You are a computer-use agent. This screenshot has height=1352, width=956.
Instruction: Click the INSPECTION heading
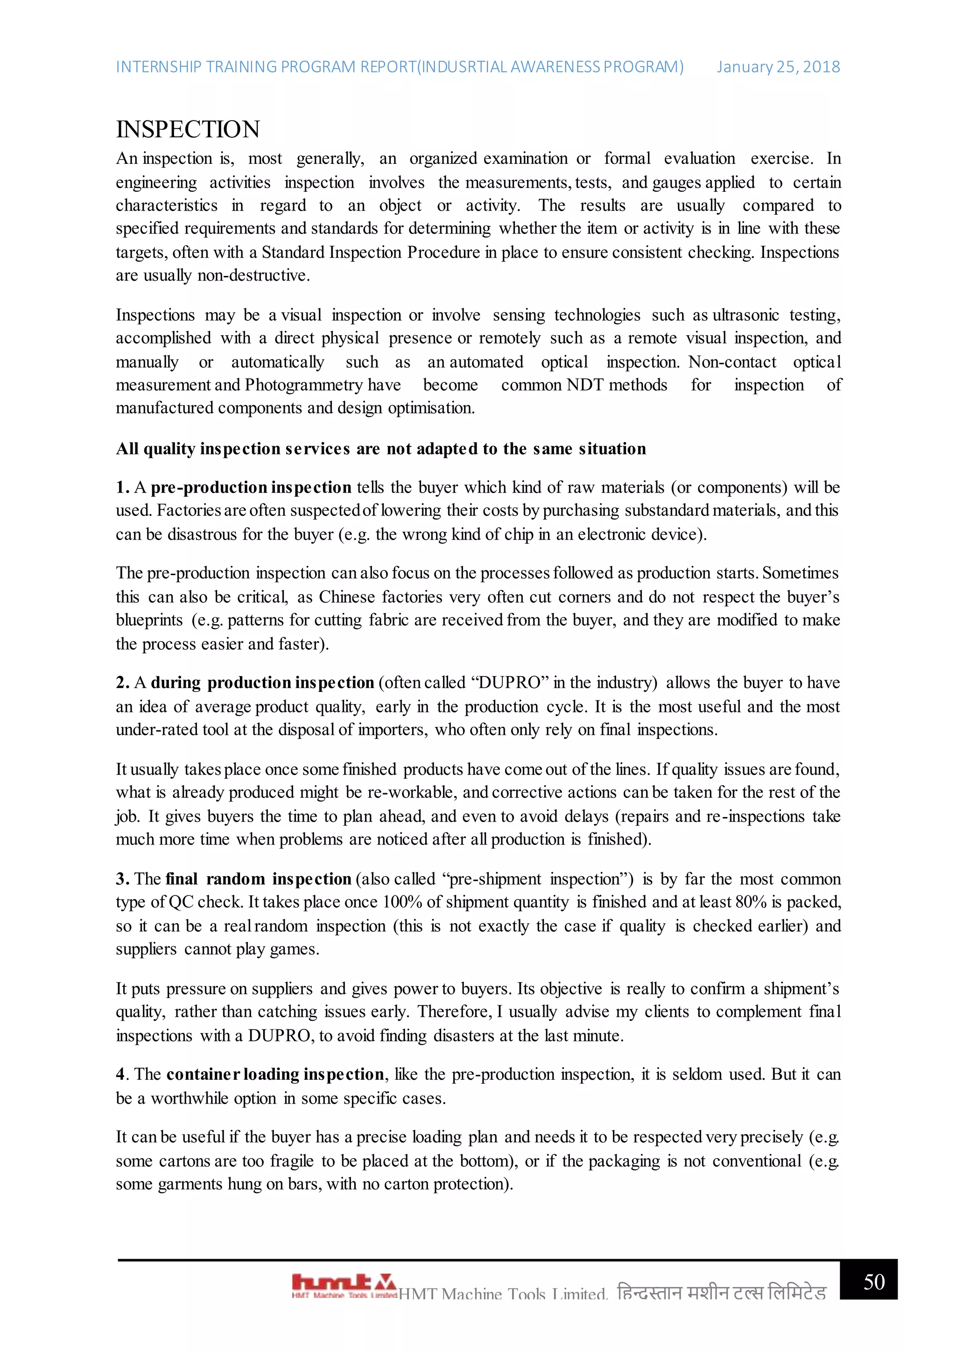coord(188,129)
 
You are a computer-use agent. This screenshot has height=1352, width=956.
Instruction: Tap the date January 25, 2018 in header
coord(778,67)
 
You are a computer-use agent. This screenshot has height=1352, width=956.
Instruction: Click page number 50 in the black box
coord(873,1282)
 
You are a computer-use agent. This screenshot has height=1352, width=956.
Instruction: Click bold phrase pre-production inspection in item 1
coord(251,487)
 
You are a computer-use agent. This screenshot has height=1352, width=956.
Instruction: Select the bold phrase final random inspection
coord(258,879)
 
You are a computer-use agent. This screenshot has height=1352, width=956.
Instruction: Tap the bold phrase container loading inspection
coord(275,1075)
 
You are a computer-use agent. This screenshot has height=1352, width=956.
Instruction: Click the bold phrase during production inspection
coord(262,683)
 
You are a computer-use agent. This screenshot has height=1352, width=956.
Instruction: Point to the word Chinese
coord(347,597)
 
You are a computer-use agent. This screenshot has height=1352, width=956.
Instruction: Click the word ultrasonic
coord(746,315)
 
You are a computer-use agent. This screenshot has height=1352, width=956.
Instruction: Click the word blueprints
coord(149,620)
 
